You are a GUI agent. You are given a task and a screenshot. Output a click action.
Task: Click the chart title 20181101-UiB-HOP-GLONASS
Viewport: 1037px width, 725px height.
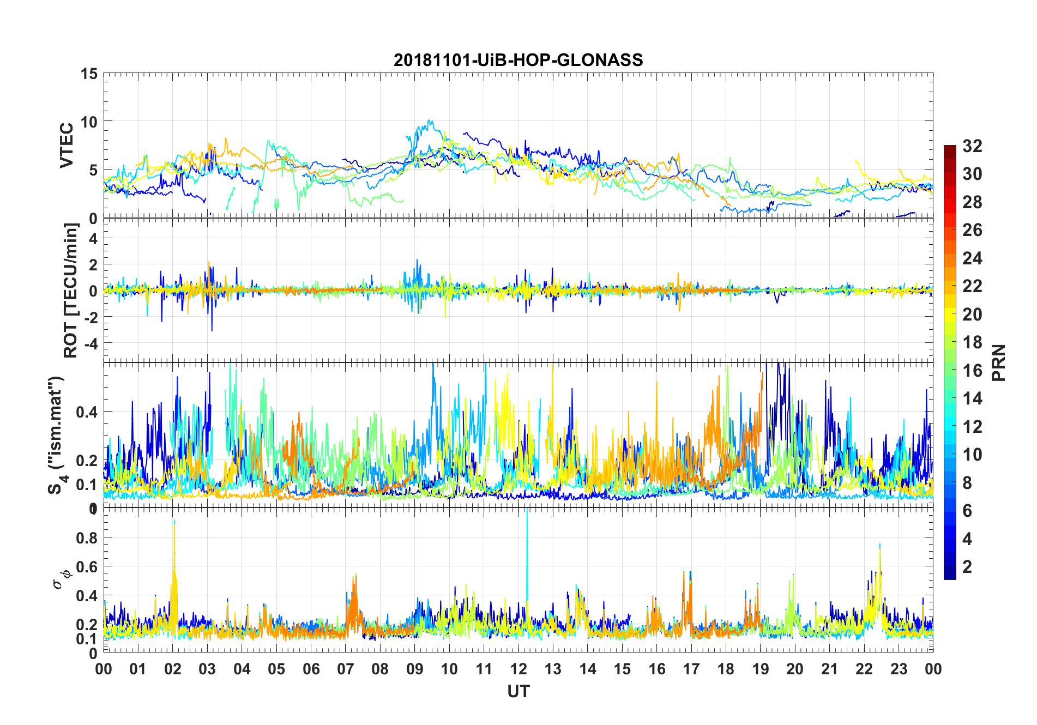tap(518, 60)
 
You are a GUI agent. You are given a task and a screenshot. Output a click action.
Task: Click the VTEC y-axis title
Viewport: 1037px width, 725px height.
tap(67, 146)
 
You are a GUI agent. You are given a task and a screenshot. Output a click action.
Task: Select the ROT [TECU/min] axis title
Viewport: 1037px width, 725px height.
tap(71, 290)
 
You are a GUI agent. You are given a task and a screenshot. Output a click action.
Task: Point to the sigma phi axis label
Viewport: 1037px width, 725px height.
tap(61, 578)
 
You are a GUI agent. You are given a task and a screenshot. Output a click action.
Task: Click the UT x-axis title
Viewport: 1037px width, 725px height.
tap(518, 691)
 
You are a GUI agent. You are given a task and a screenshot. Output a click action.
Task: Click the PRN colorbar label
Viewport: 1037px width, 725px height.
tap(999, 362)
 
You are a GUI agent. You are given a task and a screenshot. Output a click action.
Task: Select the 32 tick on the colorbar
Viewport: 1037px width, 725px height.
tap(972, 146)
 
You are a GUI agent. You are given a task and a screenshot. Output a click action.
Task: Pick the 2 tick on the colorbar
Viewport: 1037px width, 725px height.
tap(967, 566)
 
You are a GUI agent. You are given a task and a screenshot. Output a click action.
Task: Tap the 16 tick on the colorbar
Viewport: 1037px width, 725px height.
tap(972, 370)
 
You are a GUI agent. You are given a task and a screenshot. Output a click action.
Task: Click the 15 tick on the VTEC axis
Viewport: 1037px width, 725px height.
tap(89, 74)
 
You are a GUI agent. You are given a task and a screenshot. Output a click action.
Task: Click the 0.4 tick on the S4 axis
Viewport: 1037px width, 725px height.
tap(86, 412)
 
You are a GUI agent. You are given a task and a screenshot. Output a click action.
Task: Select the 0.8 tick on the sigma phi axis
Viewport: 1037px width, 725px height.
tap(86, 537)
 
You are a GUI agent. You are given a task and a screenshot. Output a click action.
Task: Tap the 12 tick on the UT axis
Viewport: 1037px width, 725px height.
tap(518, 669)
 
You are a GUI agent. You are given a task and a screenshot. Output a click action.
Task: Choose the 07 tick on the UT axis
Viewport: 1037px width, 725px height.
tap(346, 669)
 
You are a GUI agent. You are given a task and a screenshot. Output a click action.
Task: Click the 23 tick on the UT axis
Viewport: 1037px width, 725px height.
tap(899, 669)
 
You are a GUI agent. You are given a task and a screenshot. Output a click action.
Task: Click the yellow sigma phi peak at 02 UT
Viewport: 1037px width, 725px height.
tap(174, 523)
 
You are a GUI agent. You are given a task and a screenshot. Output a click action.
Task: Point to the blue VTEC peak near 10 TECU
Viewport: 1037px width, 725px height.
tap(430, 122)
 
